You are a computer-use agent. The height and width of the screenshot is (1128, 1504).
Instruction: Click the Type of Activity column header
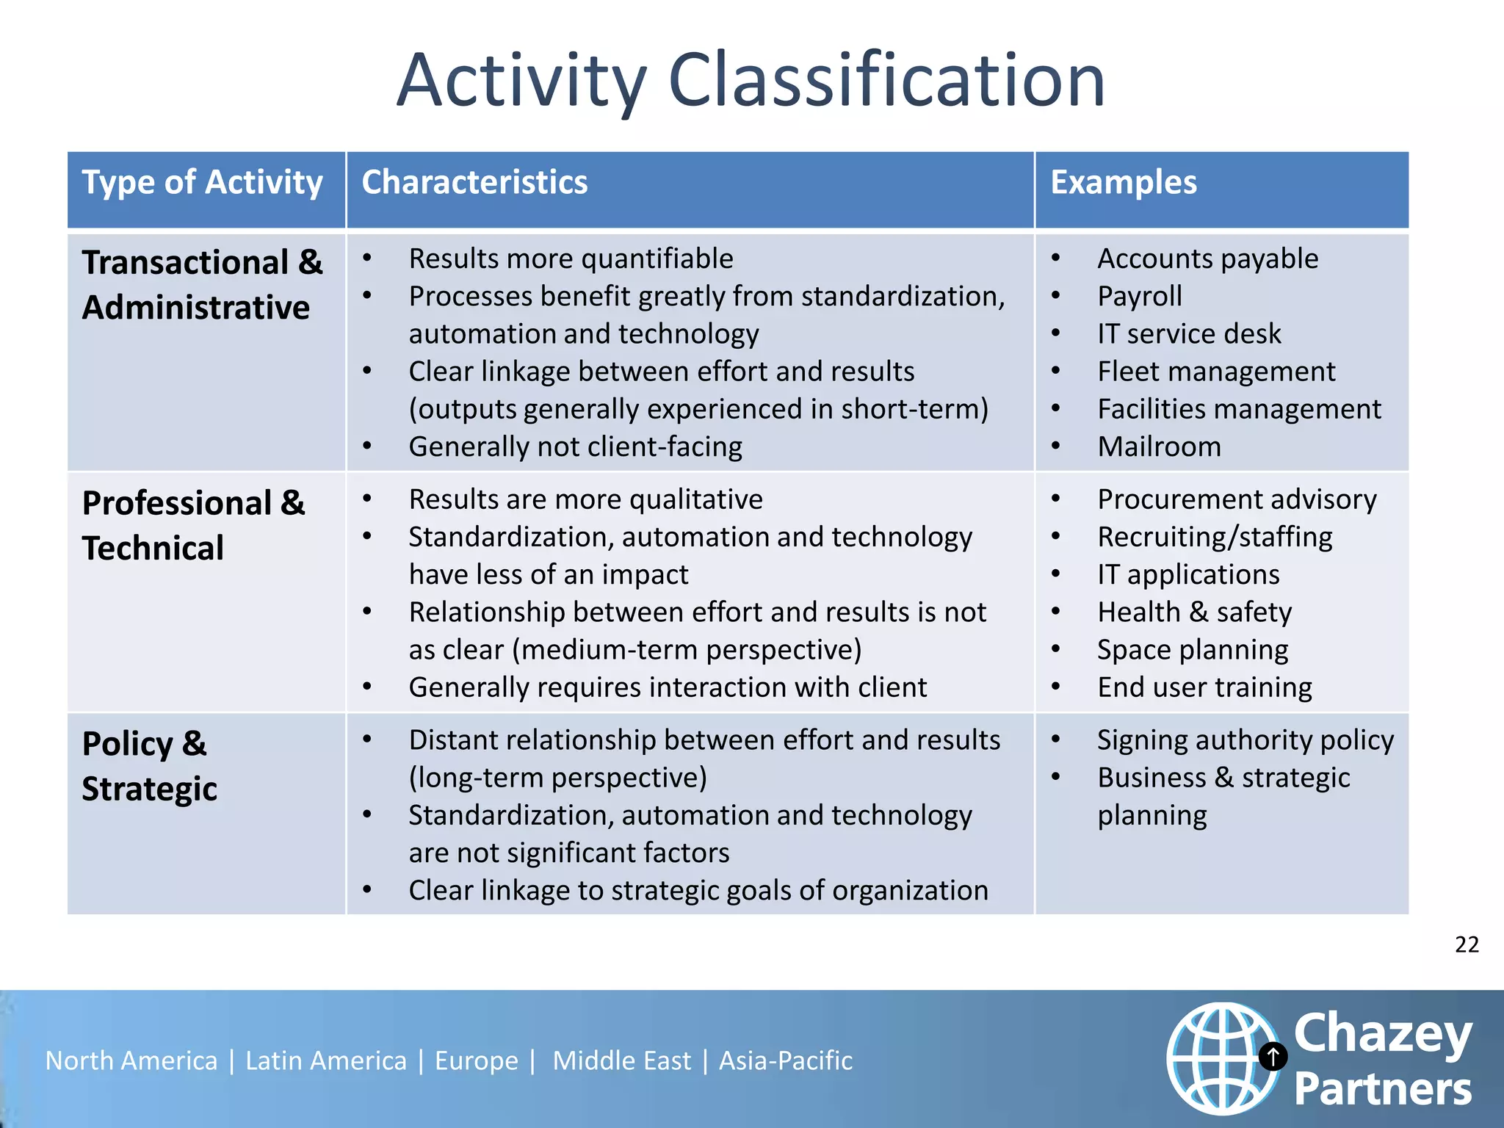pyautogui.click(x=202, y=182)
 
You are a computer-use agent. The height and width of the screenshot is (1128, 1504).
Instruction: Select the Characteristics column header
pyautogui.click(x=474, y=182)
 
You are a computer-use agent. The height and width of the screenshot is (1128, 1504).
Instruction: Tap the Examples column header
pyautogui.click(x=1123, y=182)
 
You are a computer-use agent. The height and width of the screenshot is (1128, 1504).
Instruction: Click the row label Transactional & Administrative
pyautogui.click(x=202, y=285)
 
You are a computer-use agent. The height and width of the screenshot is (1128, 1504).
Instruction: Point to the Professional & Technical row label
pyautogui.click(x=192, y=526)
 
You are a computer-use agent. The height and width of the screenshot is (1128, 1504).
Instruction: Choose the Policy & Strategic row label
pyautogui.click(x=149, y=766)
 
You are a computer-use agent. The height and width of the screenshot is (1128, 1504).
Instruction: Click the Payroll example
pyautogui.click(x=1139, y=296)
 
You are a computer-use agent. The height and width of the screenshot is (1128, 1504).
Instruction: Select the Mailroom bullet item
pyautogui.click(x=1159, y=446)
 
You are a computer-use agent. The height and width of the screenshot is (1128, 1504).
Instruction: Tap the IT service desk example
pyautogui.click(x=1188, y=333)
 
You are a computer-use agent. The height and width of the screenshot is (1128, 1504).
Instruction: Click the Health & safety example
pyautogui.click(x=1194, y=612)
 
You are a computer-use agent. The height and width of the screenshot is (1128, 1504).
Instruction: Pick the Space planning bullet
pyautogui.click(x=1192, y=650)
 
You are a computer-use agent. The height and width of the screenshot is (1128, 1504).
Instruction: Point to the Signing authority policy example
pyautogui.click(x=1245, y=740)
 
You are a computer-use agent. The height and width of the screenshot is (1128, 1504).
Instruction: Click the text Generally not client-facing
pyautogui.click(x=575, y=446)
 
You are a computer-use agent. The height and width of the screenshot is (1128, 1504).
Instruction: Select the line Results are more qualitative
pyautogui.click(x=585, y=499)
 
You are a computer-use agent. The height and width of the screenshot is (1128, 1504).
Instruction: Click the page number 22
pyautogui.click(x=1467, y=944)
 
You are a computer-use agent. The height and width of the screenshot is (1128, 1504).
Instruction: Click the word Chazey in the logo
pyautogui.click(x=1382, y=1033)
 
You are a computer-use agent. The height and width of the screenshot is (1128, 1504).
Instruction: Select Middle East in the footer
pyautogui.click(x=621, y=1060)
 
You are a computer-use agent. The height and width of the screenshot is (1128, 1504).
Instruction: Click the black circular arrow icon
pyautogui.click(x=1273, y=1057)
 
